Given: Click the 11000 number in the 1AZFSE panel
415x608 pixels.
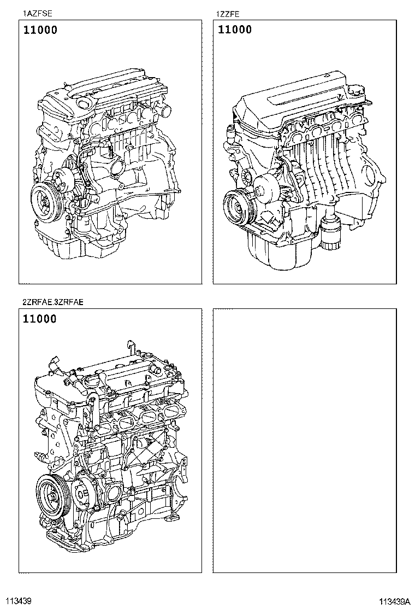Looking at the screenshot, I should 40,31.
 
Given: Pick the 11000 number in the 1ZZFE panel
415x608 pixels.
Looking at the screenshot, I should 235,30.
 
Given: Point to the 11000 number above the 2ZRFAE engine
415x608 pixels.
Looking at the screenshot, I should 40,319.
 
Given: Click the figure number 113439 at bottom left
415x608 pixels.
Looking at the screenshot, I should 19,601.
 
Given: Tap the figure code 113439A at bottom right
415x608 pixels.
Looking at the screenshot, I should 396,601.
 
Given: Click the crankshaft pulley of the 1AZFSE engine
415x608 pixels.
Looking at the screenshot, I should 44,200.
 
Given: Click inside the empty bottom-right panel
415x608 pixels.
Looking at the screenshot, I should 304,440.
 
